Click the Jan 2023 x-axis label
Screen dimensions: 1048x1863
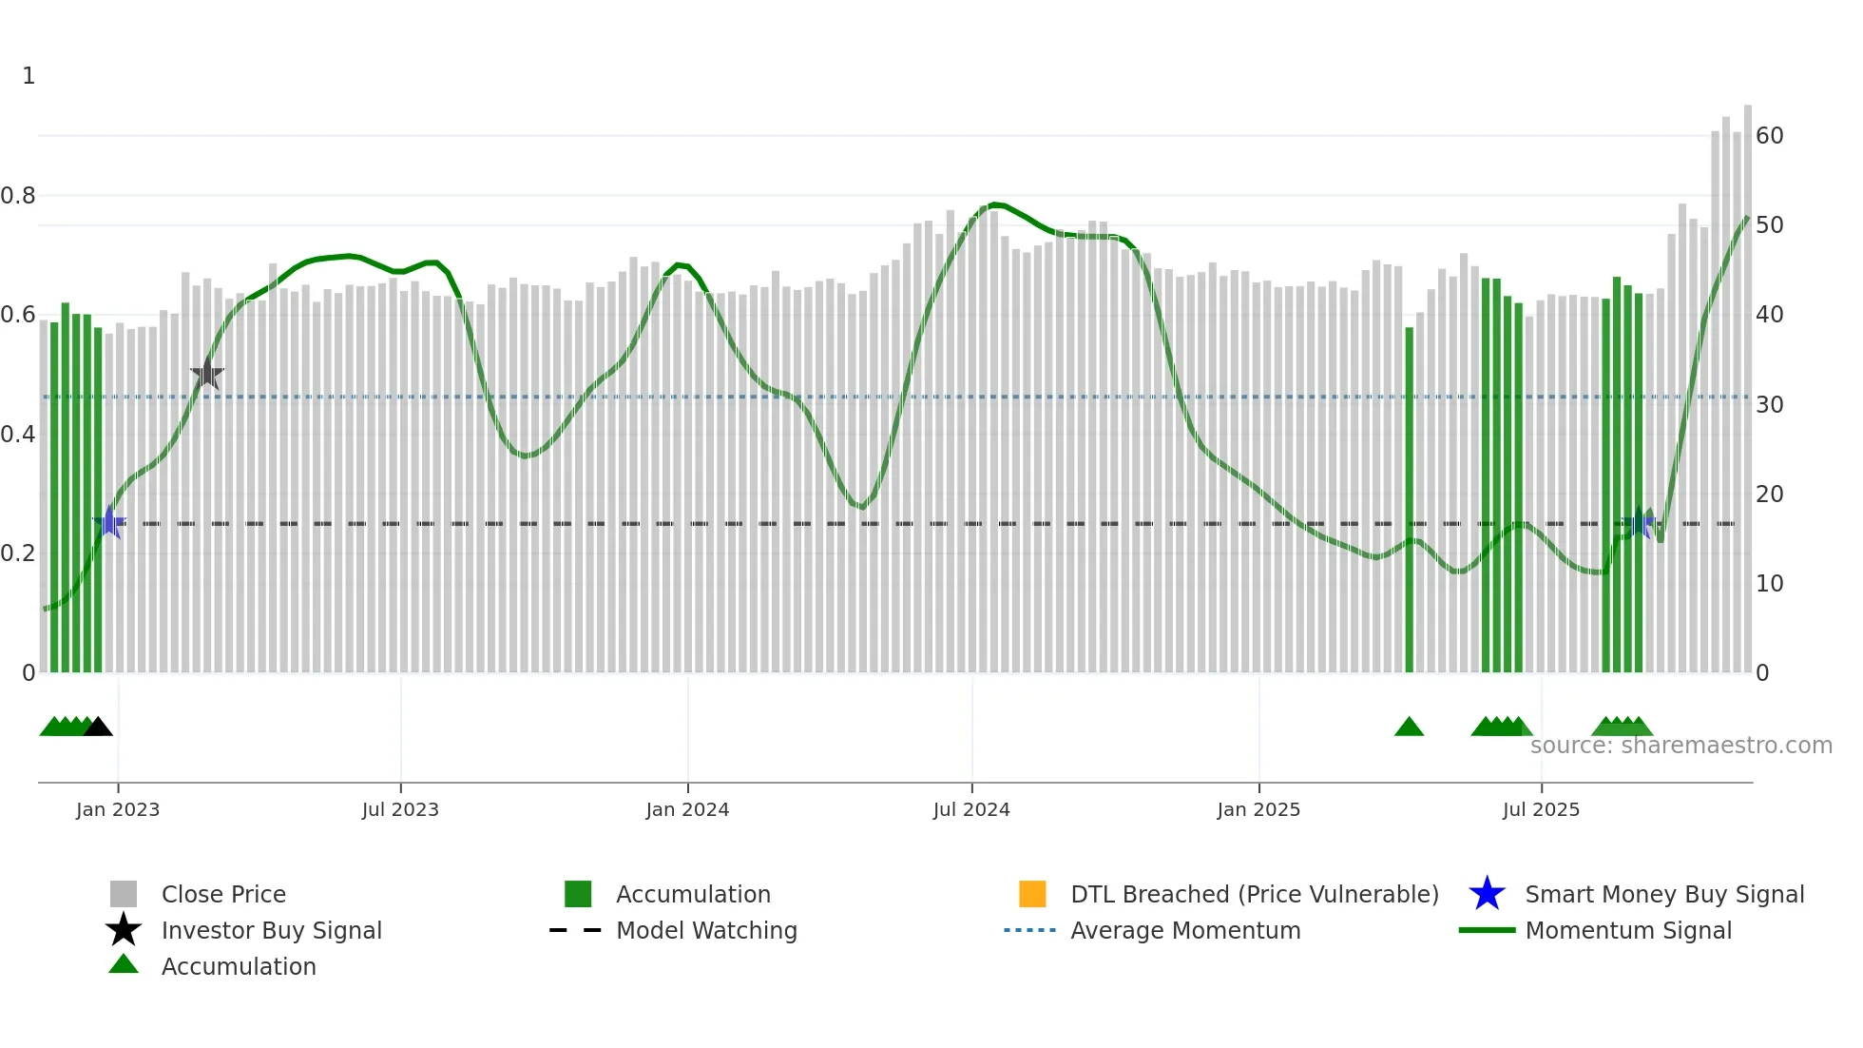pyautogui.click(x=118, y=809)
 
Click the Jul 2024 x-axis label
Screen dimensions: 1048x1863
pyautogui.click(x=971, y=809)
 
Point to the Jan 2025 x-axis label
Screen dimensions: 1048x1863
pyautogui.click(x=1258, y=809)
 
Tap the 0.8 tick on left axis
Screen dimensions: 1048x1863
pyautogui.click(x=18, y=196)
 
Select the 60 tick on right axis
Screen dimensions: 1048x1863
pyautogui.click(x=1769, y=136)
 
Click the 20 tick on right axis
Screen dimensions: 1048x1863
pyautogui.click(x=1769, y=495)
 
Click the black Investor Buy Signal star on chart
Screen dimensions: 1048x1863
pyautogui.click(x=207, y=375)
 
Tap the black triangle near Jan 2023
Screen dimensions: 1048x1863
pyautogui.click(x=98, y=728)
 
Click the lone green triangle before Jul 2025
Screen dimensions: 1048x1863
pyautogui.click(x=1409, y=728)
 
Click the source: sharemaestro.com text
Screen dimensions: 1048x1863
pyautogui.click(x=1681, y=746)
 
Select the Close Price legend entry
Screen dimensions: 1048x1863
pyautogui.click(x=223, y=894)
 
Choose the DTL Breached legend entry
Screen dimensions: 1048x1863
pyautogui.click(x=1254, y=894)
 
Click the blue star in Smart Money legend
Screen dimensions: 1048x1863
pyautogui.click(x=1487, y=894)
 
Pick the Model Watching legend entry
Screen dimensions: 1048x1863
pyautogui.click(x=705, y=930)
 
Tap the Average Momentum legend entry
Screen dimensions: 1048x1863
pyautogui.click(x=1184, y=930)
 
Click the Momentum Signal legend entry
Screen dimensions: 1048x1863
pyautogui.click(x=1627, y=930)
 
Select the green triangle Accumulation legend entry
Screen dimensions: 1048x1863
pyautogui.click(x=238, y=966)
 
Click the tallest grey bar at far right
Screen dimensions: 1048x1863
pyautogui.click(x=1747, y=380)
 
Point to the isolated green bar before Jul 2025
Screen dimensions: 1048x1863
pyautogui.click(x=1409, y=499)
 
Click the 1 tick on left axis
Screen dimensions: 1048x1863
pyautogui.click(x=29, y=76)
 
